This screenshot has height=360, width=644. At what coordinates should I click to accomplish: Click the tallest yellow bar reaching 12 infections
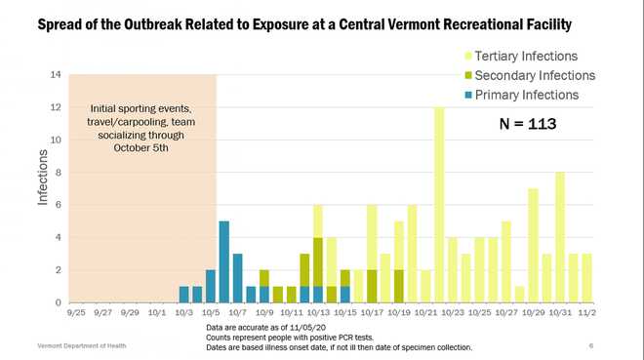coord(439,205)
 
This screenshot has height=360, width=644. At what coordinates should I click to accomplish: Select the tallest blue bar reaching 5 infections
coord(223,261)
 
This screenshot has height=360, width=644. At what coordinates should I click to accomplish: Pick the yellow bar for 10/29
coord(533,245)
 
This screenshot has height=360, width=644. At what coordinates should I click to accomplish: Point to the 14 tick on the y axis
coord(57,75)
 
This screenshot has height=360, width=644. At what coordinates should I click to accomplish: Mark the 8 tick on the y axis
coord(60,173)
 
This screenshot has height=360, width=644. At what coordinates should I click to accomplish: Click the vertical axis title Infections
coord(43,178)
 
